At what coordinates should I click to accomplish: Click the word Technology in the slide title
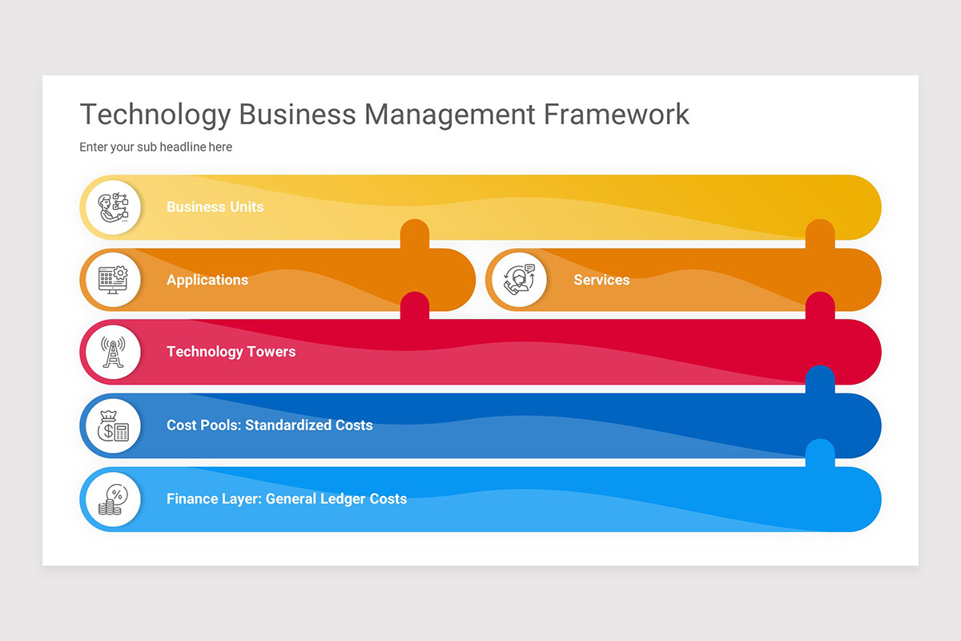[155, 115]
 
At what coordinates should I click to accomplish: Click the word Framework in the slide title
[616, 115]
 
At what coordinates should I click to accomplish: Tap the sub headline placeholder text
[155, 147]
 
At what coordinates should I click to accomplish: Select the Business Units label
[215, 207]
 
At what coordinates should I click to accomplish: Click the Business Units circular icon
[113, 207]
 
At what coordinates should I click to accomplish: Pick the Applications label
[207, 280]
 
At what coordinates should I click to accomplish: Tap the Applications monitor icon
[113, 280]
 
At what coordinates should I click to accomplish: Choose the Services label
[601, 280]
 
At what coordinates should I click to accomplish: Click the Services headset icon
[519, 280]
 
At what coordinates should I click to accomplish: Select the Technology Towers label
[231, 352]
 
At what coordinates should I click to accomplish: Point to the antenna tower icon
[113, 352]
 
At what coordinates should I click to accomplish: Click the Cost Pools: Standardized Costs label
[269, 425]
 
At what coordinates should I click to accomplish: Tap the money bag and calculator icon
[113, 425]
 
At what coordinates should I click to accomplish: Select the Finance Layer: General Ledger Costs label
[286, 499]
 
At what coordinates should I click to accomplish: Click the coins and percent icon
[113, 499]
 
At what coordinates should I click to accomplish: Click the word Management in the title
[449, 115]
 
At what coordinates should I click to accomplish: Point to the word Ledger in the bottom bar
[342, 499]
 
